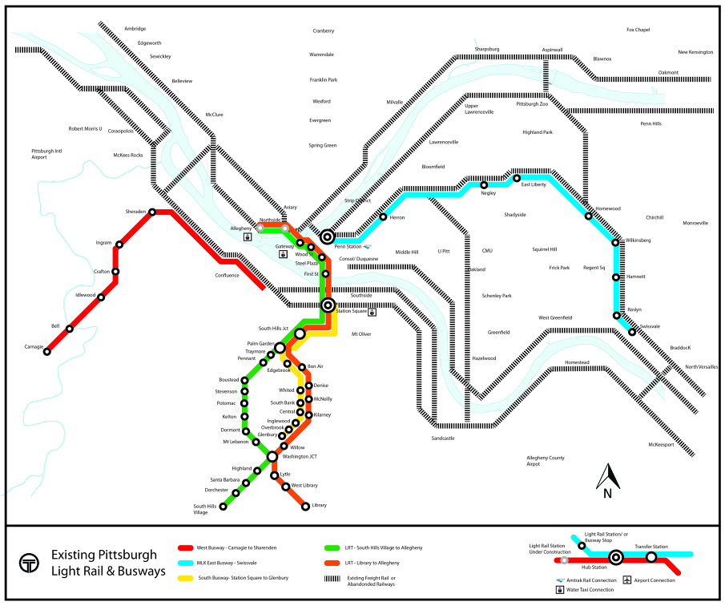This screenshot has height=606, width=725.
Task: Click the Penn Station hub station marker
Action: point(327,236)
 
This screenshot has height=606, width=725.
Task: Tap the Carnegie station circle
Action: point(46,351)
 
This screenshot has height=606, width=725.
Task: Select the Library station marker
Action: point(305,506)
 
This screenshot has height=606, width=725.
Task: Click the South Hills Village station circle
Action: point(224,507)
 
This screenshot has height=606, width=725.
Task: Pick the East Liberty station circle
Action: point(517,178)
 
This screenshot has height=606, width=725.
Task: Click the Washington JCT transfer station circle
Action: point(272,456)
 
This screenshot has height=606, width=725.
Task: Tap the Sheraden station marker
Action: point(152,212)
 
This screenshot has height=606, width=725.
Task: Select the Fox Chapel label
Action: point(638,30)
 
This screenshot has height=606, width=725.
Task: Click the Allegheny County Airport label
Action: point(545,460)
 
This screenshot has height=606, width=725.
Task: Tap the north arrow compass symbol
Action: point(607,478)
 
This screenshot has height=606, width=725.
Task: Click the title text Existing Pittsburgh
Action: point(103,555)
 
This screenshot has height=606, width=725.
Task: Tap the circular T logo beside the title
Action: point(30,564)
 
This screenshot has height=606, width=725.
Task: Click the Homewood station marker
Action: point(589,216)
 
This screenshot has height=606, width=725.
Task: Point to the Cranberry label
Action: point(323,31)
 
